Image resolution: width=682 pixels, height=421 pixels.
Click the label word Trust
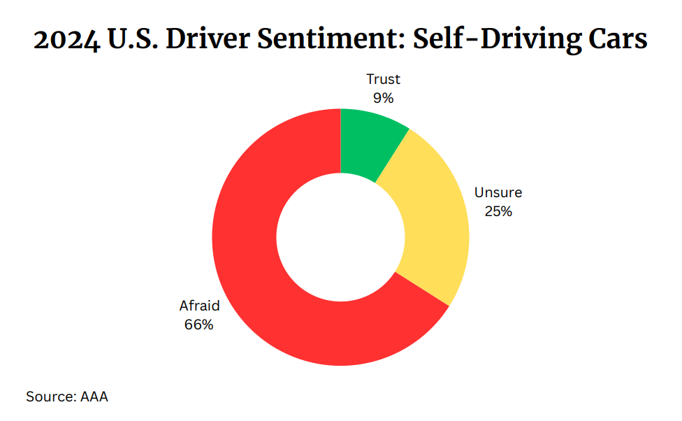click(x=383, y=80)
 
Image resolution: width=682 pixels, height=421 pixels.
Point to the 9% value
click(x=383, y=98)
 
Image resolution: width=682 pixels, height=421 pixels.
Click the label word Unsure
click(x=498, y=192)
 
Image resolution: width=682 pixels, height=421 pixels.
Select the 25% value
click(x=498, y=211)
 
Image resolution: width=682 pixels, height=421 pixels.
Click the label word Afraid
click(x=199, y=306)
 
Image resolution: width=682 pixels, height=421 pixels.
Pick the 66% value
click(x=199, y=324)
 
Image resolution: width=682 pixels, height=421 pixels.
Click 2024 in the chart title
click(x=67, y=41)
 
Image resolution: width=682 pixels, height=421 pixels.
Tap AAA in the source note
click(x=94, y=397)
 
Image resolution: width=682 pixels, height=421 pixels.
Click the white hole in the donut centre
click(x=340, y=236)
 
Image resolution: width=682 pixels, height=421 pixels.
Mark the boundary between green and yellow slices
click(x=393, y=156)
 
